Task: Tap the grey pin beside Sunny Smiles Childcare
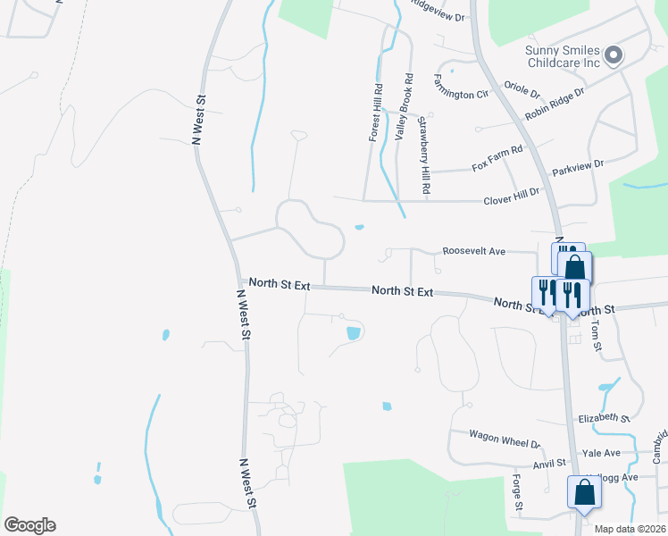tap(613, 56)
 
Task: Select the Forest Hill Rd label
tap(377, 113)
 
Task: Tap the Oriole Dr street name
tap(522, 90)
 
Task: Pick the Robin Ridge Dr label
tap(555, 105)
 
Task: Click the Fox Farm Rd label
tap(497, 159)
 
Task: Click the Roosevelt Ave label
tap(474, 252)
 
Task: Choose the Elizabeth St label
tap(605, 418)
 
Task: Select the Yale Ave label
tap(600, 453)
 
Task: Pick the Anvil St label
tap(549, 463)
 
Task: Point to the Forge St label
tap(517, 494)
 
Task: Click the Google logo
tap(29, 525)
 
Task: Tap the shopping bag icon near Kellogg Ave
tap(583, 491)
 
